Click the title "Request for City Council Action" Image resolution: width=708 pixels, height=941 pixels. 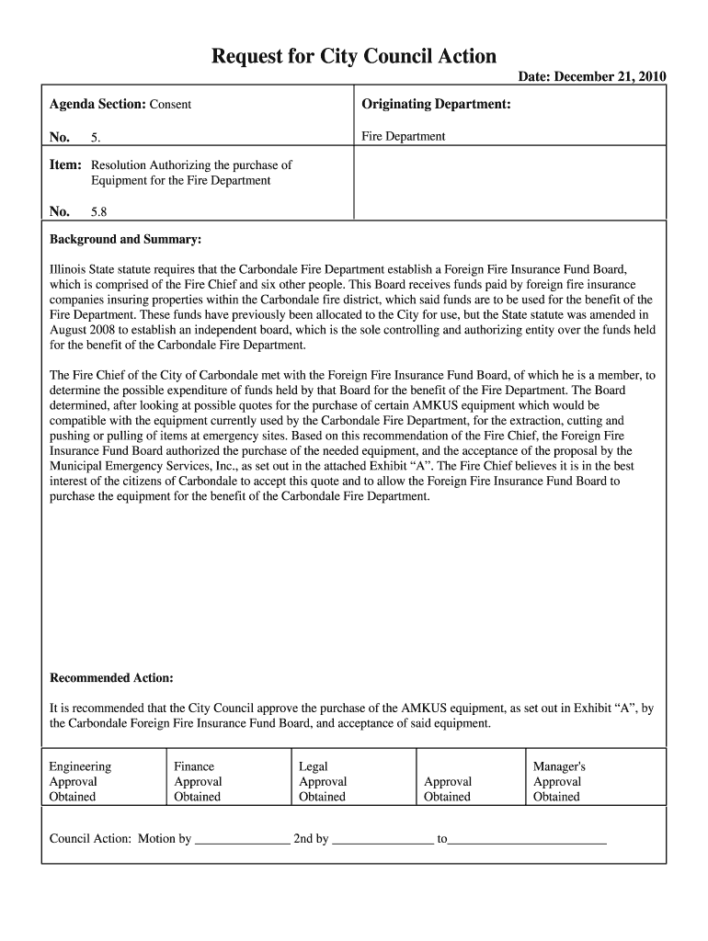click(x=354, y=57)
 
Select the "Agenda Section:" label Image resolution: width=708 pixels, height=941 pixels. click(x=97, y=104)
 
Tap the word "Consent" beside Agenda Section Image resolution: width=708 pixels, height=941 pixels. click(x=170, y=105)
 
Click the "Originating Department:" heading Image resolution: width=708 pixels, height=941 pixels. click(x=436, y=104)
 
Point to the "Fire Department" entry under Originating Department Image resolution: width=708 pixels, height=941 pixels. click(x=403, y=137)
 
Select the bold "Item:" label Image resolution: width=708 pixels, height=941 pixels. click(x=65, y=165)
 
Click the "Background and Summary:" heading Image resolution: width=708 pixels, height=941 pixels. click(x=124, y=240)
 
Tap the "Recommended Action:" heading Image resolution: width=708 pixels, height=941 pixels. click(x=110, y=678)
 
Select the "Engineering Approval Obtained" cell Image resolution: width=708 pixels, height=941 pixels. click(x=80, y=781)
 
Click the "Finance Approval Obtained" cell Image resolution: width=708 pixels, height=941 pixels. click(x=198, y=781)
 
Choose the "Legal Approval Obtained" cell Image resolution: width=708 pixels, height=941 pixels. click(x=323, y=781)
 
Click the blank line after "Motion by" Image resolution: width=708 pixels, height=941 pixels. click(x=243, y=839)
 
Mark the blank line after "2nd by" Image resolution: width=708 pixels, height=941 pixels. click(x=383, y=839)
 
